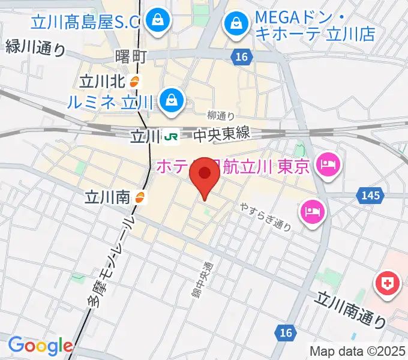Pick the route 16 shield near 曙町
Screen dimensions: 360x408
point(239,56)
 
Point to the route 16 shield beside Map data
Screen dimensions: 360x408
point(286,332)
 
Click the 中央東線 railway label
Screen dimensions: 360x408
point(221,136)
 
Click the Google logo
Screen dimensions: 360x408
point(40,345)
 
